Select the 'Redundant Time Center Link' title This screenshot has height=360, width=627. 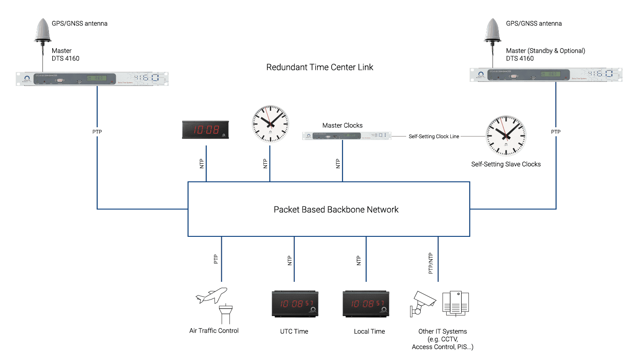pyautogui.click(x=319, y=67)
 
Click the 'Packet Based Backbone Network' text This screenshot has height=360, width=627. pyautogui.click(x=336, y=210)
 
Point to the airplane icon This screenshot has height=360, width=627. pyautogui.click(x=211, y=295)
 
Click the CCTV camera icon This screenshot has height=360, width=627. pyautogui.click(x=423, y=302)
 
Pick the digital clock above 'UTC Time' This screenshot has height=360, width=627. pyautogui.click(x=294, y=304)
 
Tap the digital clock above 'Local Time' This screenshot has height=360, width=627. pyautogui.click(x=366, y=304)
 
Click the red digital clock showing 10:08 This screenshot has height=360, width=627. pyautogui.click(x=206, y=130)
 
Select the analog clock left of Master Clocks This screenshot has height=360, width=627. pyautogui.click(x=270, y=124)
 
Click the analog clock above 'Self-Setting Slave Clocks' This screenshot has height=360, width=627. pyautogui.click(x=506, y=135)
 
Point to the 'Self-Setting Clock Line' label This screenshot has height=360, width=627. pyautogui.click(x=433, y=136)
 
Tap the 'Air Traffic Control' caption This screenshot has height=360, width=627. pyautogui.click(x=214, y=330)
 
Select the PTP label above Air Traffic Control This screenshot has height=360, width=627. pyautogui.click(x=216, y=259)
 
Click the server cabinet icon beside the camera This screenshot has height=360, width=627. pyautogui.click(x=456, y=302)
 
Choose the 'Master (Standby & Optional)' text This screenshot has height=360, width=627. pyautogui.click(x=545, y=51)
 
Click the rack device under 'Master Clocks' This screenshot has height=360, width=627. pyautogui.click(x=347, y=135)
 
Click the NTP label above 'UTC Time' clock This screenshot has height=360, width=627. pyautogui.click(x=289, y=260)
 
